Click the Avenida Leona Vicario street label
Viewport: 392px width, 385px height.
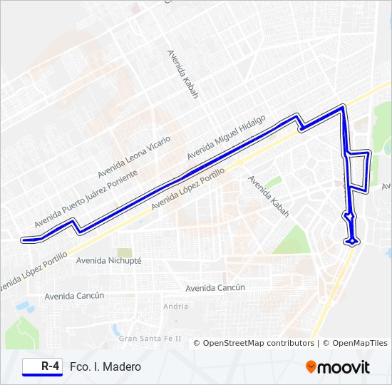coord(134,157)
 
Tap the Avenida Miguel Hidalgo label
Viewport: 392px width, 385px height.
coord(225,137)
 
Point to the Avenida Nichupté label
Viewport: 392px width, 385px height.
coord(108,261)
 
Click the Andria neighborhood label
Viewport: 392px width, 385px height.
coord(176,307)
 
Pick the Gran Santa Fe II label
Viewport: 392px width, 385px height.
coord(150,338)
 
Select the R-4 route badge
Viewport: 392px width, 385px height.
coord(41,366)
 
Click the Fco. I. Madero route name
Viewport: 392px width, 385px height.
coord(105,366)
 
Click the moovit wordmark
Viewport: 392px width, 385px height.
coord(344,367)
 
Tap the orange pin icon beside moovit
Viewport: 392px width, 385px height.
coord(311,367)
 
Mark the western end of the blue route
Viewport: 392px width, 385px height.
coord(23,240)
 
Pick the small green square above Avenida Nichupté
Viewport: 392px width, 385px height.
coord(125,252)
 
